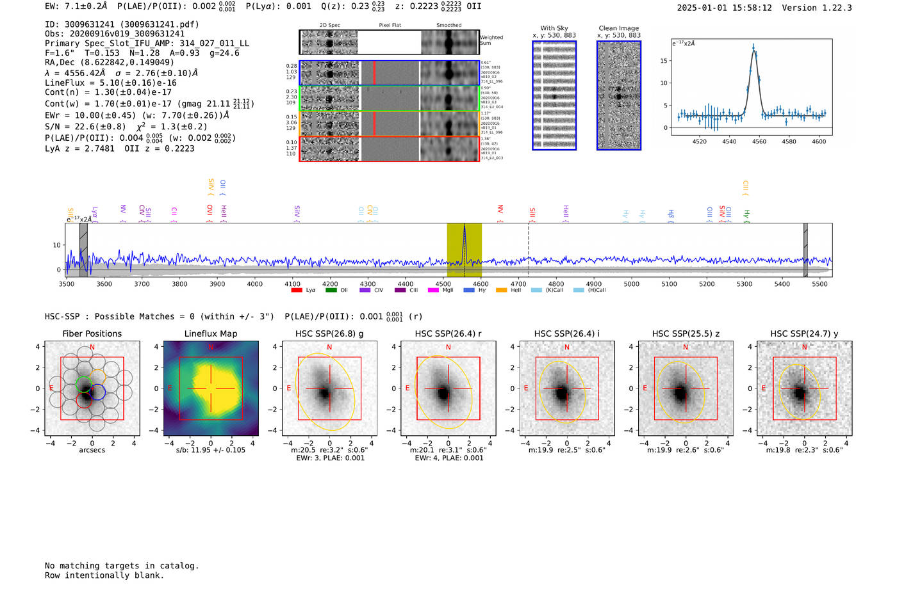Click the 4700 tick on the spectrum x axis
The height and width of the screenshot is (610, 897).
click(519, 284)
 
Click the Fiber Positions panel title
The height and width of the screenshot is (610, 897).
click(92, 333)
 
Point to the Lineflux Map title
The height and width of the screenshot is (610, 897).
click(211, 333)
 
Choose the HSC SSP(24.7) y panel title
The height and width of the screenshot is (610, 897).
click(804, 333)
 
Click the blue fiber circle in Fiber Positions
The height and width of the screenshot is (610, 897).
click(97, 392)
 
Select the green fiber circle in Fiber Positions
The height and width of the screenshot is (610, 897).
click(85, 384)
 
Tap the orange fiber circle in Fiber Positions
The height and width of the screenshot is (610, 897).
click(98, 377)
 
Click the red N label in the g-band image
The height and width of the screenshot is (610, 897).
click(329, 348)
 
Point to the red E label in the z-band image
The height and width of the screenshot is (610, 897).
click(645, 389)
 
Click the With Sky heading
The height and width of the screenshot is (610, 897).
click(554, 28)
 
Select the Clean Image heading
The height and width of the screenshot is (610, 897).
click(619, 28)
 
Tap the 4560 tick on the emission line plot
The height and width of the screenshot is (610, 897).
click(759, 141)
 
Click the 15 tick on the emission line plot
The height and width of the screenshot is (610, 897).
click(664, 61)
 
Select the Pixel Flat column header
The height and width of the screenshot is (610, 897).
click(390, 26)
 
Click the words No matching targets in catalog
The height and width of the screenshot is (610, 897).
click(122, 566)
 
